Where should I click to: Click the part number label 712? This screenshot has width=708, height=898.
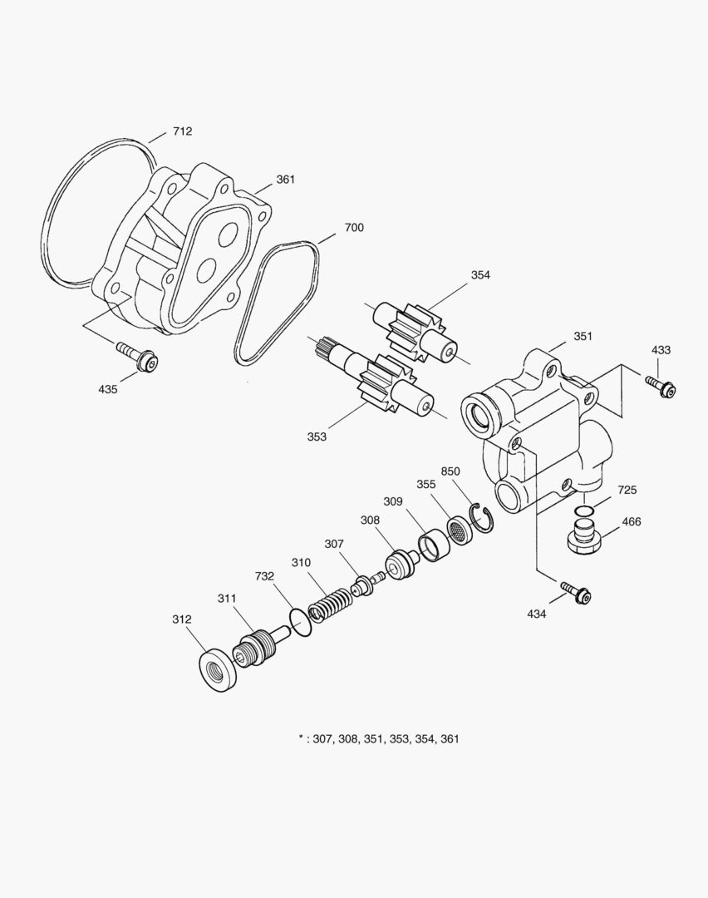[183, 131]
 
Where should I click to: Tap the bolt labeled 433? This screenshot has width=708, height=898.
[661, 386]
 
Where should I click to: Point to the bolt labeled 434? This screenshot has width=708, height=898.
[576, 592]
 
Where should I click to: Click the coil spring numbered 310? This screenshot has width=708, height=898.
[331, 604]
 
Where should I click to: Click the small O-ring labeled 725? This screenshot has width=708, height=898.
[585, 510]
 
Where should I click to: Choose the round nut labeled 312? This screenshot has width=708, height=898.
[219, 669]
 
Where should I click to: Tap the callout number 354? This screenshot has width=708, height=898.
[480, 275]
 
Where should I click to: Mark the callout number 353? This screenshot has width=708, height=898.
[317, 437]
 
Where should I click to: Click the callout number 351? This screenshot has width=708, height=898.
[583, 337]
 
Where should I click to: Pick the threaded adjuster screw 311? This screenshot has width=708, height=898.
[260, 645]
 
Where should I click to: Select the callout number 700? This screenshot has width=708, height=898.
[354, 228]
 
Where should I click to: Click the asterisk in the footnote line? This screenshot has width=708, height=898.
[301, 738]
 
